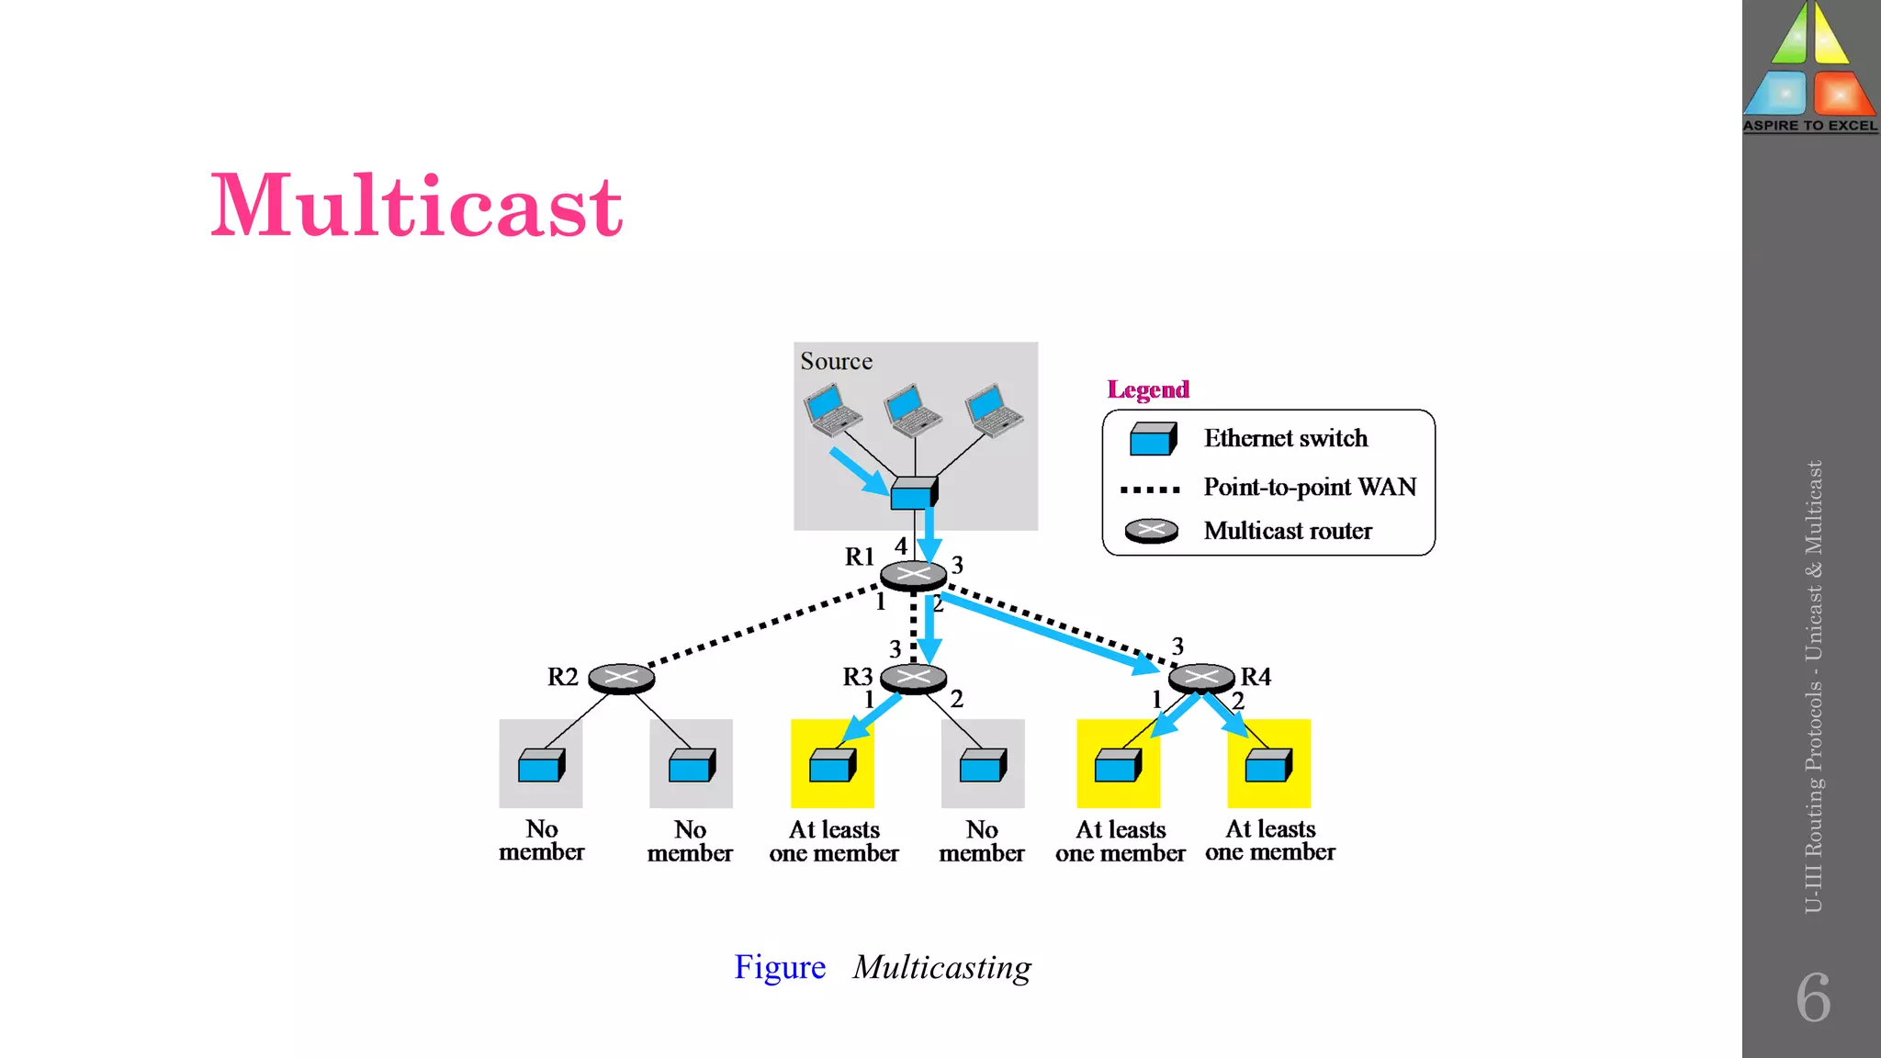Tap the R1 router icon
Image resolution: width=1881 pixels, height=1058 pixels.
click(x=913, y=575)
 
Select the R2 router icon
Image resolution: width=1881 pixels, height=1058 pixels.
click(x=621, y=679)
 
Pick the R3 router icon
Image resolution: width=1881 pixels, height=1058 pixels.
click(x=913, y=679)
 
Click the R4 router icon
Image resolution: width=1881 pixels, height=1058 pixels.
click(x=1201, y=679)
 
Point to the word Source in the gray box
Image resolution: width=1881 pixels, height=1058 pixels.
click(x=836, y=361)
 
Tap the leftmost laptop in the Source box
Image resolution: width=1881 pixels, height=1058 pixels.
click(x=832, y=410)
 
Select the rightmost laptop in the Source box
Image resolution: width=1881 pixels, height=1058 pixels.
click(x=993, y=410)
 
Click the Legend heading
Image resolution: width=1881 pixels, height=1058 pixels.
click(x=1148, y=389)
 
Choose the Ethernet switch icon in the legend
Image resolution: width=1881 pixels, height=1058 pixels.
click(x=1153, y=439)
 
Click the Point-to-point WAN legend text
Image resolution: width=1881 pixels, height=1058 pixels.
click(x=1310, y=487)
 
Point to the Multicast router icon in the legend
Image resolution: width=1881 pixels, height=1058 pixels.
click(x=1151, y=531)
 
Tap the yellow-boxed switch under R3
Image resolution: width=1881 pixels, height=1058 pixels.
click(x=832, y=764)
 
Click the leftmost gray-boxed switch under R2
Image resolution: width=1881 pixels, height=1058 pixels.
click(x=541, y=764)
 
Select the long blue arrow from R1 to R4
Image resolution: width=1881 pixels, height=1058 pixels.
click(x=1047, y=633)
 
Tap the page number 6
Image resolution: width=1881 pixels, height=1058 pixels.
click(x=1812, y=997)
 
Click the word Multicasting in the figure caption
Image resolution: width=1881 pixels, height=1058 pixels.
click(x=941, y=967)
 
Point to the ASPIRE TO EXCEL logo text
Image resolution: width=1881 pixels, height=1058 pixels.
click(x=1810, y=126)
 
